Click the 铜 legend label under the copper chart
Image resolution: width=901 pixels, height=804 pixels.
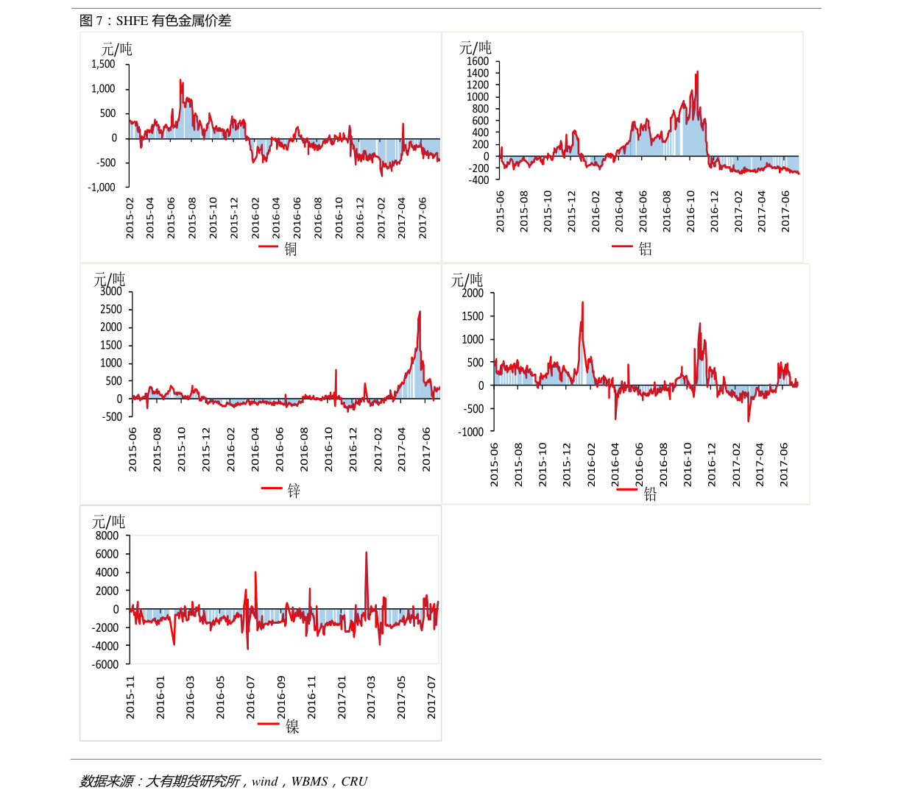[291, 249]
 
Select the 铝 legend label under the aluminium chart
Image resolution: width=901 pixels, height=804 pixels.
[646, 249]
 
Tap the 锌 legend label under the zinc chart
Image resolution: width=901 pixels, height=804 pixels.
[294, 491]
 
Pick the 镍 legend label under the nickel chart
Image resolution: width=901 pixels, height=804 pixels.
[292, 727]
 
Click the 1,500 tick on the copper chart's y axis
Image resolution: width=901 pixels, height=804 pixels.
[103, 64]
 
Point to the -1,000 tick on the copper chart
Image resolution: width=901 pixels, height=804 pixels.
[102, 187]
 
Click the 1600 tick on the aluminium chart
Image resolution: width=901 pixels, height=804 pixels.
[477, 61]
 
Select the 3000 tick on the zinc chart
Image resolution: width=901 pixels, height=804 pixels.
[111, 291]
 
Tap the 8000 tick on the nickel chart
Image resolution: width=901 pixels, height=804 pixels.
[107, 536]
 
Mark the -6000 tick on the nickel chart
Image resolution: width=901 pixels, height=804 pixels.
[105, 664]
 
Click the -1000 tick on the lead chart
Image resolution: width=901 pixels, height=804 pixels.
[470, 432]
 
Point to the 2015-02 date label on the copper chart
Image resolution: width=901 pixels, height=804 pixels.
[130, 218]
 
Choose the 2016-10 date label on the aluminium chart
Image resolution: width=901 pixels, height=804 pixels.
[690, 212]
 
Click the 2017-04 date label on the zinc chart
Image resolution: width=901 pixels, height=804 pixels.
[402, 450]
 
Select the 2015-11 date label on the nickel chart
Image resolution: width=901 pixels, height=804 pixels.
[130, 697]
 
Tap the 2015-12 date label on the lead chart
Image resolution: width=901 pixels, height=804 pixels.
[567, 464]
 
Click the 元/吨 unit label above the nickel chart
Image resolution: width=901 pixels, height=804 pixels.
[108, 522]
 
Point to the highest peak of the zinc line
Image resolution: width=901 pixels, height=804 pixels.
[420, 311]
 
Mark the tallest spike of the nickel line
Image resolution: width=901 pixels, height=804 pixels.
[366, 552]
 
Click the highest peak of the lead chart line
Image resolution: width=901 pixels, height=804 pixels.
[582, 302]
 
